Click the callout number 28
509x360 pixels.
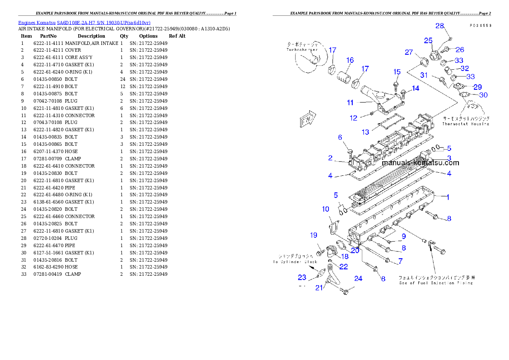pos(440,26)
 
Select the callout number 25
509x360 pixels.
pos(428,40)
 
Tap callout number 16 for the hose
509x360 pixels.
pos(350,60)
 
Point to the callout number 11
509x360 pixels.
pos(350,103)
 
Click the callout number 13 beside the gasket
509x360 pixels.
pos(365,132)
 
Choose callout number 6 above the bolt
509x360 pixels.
pos(340,137)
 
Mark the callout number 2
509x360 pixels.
pos(330,158)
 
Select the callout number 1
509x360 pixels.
pos(448,197)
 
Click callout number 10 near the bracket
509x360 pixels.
pos(326,209)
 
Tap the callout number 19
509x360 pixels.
pos(314,235)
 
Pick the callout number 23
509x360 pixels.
pos(302,277)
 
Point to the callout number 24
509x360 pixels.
pos(358,278)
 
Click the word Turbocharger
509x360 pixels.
pos(302,50)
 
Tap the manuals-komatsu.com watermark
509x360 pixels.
pos(420,163)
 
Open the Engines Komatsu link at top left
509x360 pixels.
pos(84,23)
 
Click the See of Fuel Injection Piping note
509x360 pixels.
pos(435,283)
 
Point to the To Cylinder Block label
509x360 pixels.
pos(296,261)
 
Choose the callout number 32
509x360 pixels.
pos(465,68)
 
